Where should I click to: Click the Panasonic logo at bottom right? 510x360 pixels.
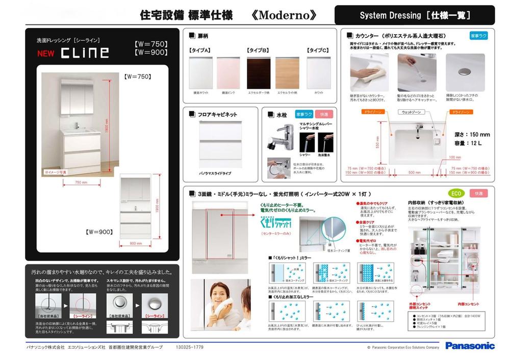point(470,346)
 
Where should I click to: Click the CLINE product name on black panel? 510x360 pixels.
point(85,53)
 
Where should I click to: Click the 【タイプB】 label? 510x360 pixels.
point(258,50)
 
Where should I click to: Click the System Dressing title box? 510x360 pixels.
point(414,15)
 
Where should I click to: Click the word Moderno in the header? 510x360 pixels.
point(284,15)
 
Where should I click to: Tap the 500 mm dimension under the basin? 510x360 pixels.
point(415,172)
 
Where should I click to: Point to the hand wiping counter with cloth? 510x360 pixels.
point(369,72)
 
